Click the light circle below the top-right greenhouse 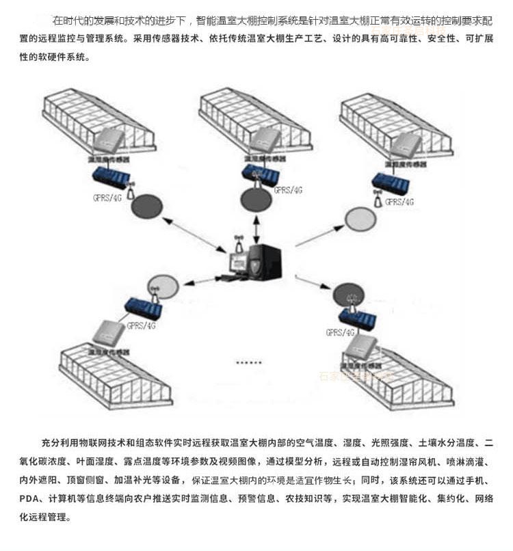pyautogui.click(x=361, y=219)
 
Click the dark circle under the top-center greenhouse pyautogui.click(x=258, y=200)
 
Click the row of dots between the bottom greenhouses pyautogui.click(x=248, y=362)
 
